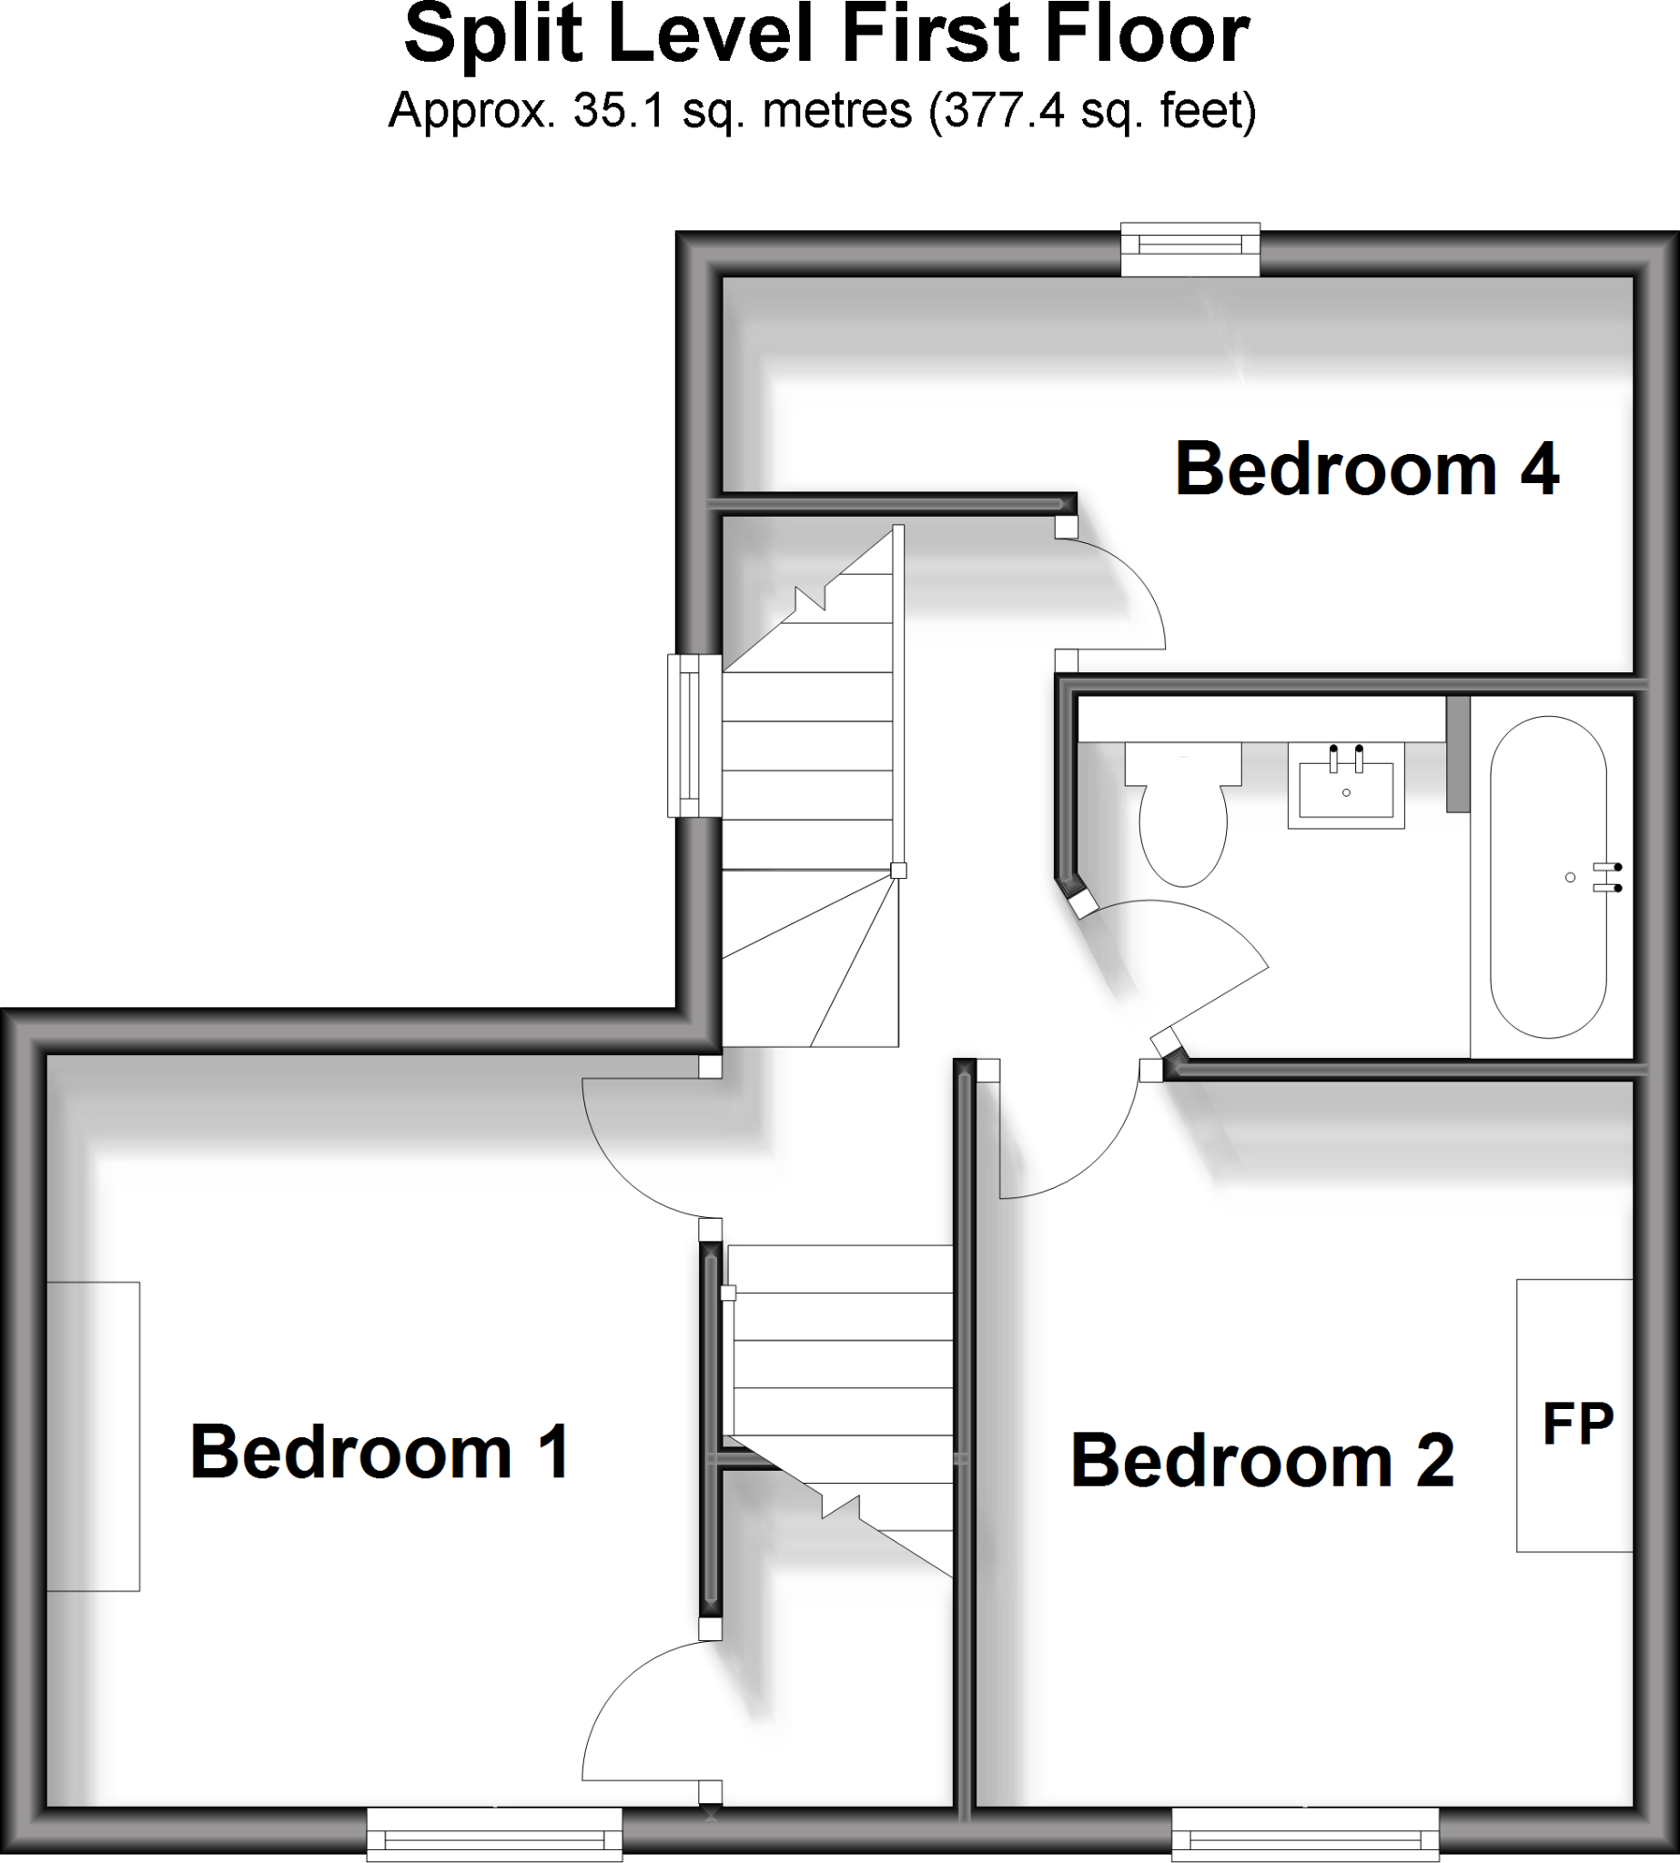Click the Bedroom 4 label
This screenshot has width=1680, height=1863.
tap(1367, 469)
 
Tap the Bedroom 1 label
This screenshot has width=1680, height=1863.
tap(380, 1453)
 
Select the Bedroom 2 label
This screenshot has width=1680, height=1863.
tap(1262, 1461)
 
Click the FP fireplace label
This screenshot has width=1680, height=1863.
tap(1577, 1424)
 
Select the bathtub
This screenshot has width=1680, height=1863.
tap(1548, 877)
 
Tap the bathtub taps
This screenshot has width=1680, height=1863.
tap(1607, 878)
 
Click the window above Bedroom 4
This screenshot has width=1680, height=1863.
tap(1189, 248)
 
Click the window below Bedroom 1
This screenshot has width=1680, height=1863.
tap(494, 1834)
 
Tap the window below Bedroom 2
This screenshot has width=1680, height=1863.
tap(1304, 1834)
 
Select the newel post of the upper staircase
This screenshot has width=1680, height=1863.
tap(898, 871)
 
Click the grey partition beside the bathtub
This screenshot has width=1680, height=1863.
tap(1458, 754)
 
